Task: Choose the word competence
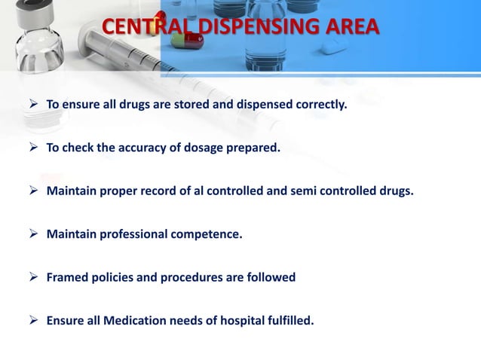[x=207, y=234]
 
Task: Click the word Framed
[x=67, y=277]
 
